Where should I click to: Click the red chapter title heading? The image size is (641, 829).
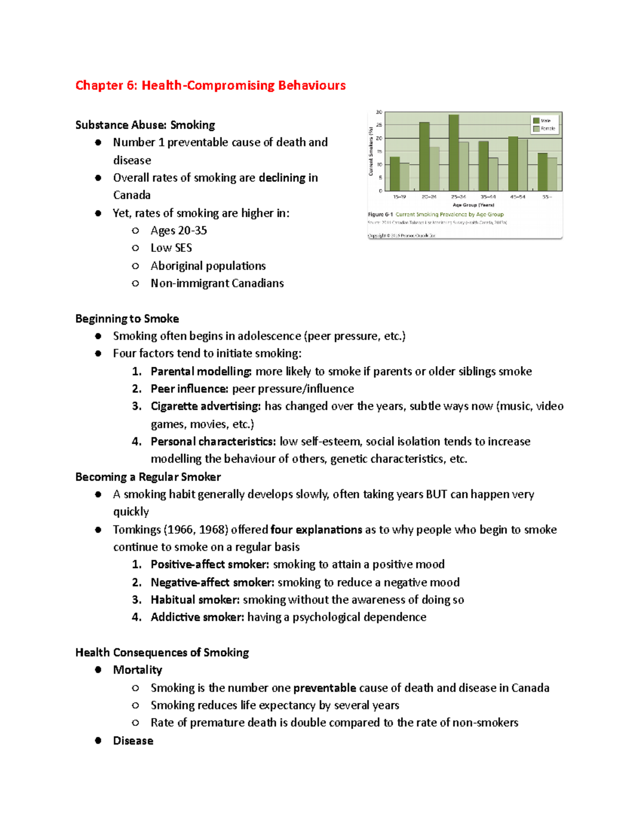point(210,85)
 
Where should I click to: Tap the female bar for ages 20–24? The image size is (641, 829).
point(435,169)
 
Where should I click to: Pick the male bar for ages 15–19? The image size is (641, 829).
point(395,174)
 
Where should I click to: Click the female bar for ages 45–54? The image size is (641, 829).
point(523,165)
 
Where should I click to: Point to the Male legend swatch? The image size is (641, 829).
point(536,121)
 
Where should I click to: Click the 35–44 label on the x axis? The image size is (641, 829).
point(488,197)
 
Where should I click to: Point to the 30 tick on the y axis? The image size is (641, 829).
point(379,113)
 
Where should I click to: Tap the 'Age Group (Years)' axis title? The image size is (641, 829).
point(473,205)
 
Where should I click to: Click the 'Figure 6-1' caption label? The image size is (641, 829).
point(380,215)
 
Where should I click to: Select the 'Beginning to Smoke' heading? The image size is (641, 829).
point(127,319)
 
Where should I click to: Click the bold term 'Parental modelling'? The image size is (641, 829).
point(201,372)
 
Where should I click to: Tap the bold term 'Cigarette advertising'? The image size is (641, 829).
point(206,406)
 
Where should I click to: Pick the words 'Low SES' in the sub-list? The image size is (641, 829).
point(171,248)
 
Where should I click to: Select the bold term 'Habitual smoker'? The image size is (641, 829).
point(195,600)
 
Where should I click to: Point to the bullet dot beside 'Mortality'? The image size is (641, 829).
point(98,670)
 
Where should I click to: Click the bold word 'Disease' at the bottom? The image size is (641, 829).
point(133,741)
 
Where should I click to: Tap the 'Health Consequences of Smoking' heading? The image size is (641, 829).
point(162,652)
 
